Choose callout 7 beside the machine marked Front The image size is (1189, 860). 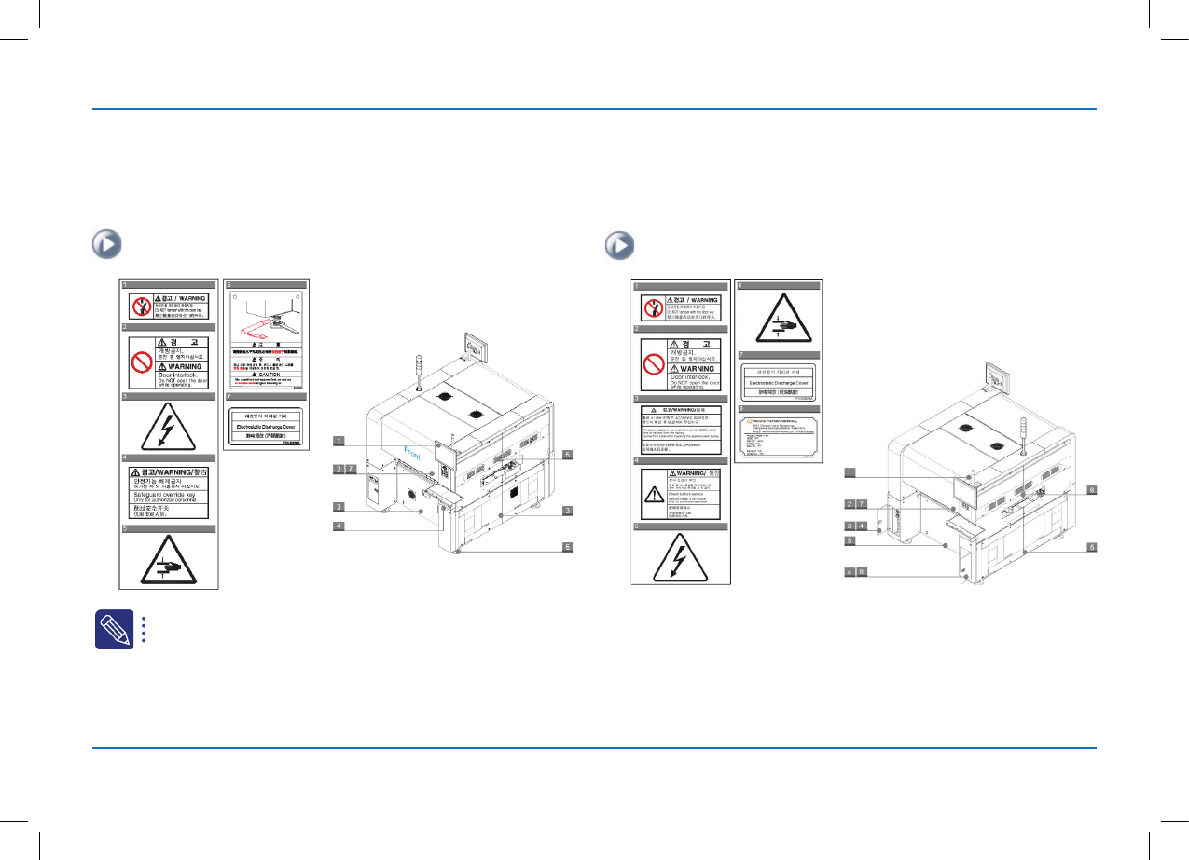pyautogui.click(x=351, y=469)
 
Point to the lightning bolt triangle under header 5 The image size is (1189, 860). pyautogui.click(x=679, y=559)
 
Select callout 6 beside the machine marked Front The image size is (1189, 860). pyautogui.click(x=567, y=547)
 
